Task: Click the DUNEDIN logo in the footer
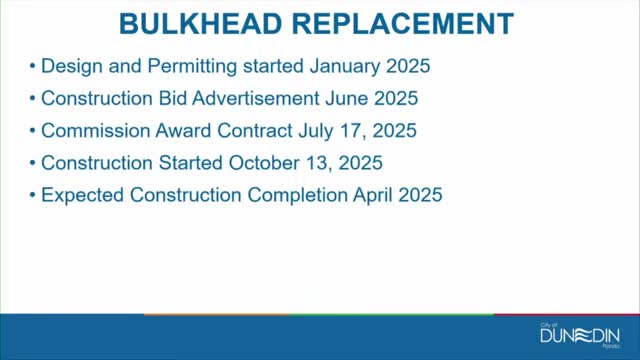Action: click(x=580, y=335)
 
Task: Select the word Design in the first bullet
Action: click(x=70, y=68)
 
